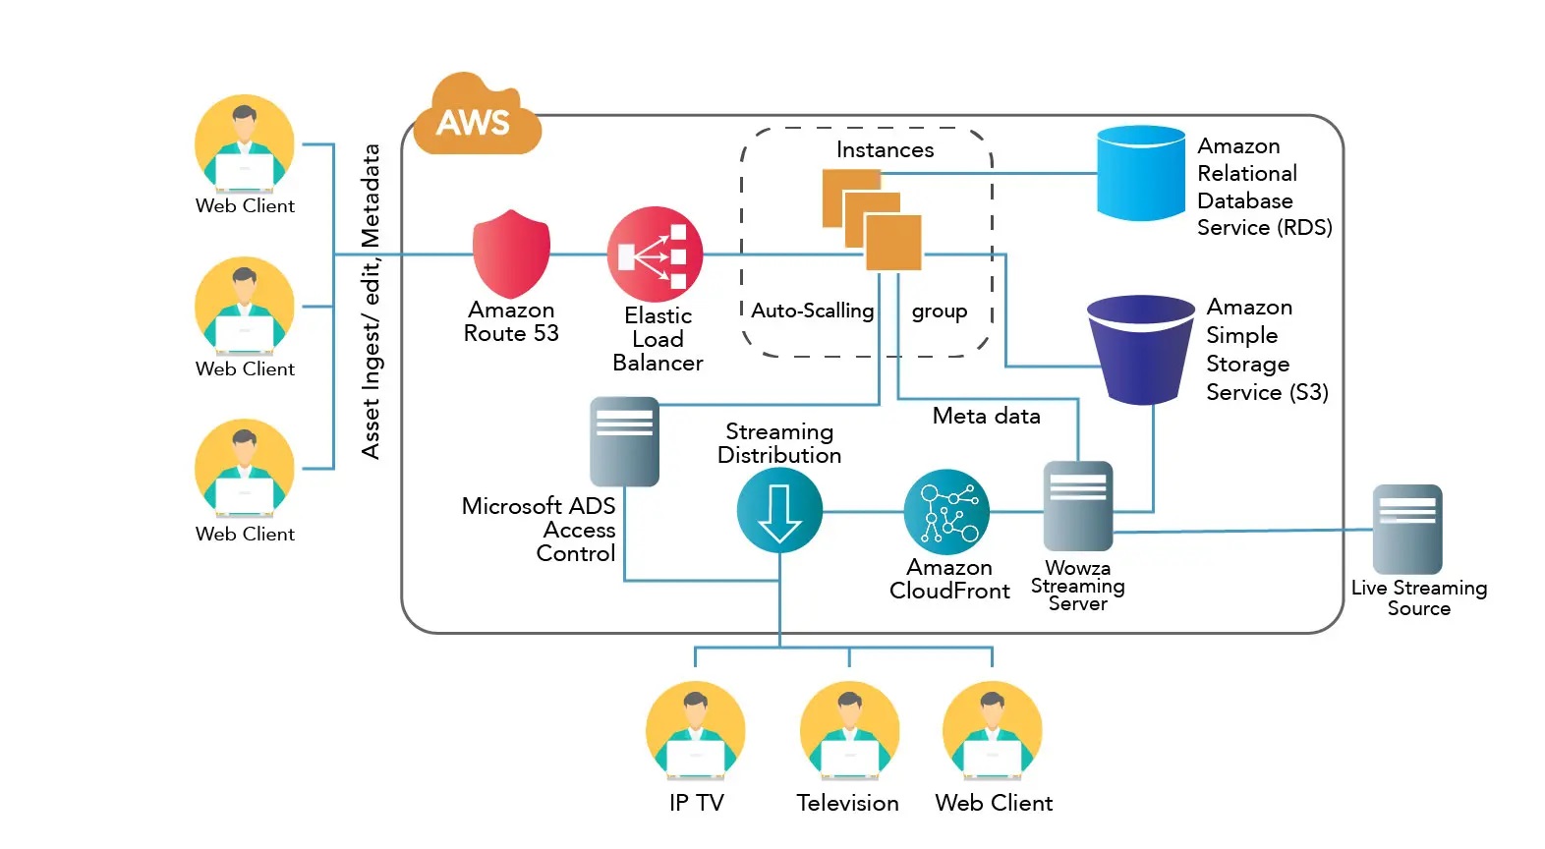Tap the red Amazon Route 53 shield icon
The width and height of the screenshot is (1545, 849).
[x=511, y=254]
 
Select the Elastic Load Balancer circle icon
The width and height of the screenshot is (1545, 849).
[x=656, y=254]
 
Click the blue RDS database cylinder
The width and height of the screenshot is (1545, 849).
[x=1140, y=173]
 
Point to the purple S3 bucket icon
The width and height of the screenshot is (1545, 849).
[x=1140, y=349]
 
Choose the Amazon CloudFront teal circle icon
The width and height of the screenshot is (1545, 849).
[x=946, y=512]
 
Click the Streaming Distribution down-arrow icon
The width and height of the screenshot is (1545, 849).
[x=779, y=511]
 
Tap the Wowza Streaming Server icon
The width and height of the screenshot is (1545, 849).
[x=1078, y=505]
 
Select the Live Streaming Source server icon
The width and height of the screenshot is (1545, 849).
[x=1407, y=529]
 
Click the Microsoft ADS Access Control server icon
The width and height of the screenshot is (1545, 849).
[x=624, y=441]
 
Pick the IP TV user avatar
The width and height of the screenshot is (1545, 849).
[x=696, y=731]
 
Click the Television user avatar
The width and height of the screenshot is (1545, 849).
[x=849, y=731]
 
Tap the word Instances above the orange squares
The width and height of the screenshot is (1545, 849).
[x=885, y=150]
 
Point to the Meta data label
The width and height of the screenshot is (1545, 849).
[x=986, y=417]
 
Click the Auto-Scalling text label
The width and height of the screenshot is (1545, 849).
[x=812, y=311]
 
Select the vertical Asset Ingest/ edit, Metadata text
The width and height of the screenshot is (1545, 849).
[x=371, y=301]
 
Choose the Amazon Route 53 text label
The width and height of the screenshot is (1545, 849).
[x=511, y=322]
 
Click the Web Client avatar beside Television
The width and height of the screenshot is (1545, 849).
[x=993, y=731]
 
